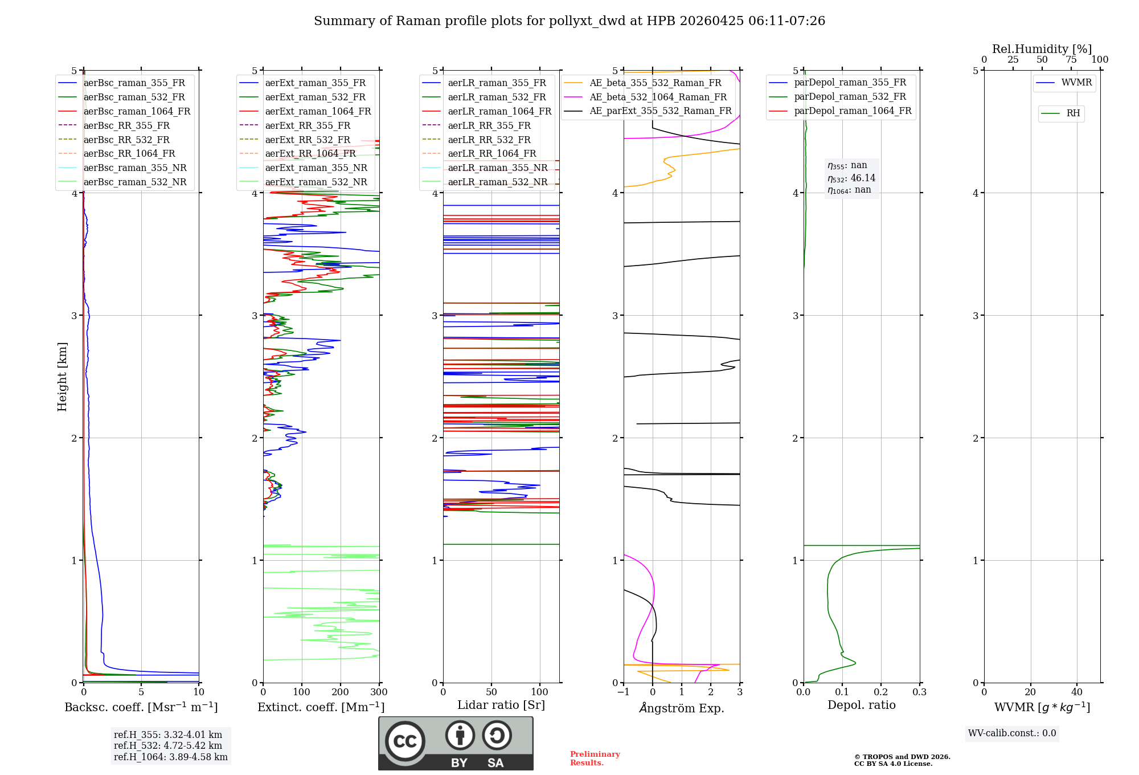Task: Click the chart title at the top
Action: click(569, 21)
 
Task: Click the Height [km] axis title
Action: click(62, 377)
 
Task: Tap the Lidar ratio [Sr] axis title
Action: click(501, 705)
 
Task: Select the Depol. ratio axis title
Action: click(861, 705)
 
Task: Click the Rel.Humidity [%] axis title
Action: click(1042, 49)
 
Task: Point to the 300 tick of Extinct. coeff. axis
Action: click(379, 692)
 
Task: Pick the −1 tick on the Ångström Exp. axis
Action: click(624, 692)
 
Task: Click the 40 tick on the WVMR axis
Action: click(1076, 692)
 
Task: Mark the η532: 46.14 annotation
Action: click(851, 178)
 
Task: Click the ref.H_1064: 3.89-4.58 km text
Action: click(170, 757)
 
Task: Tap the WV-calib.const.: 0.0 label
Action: click(1012, 733)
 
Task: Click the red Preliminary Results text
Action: click(595, 758)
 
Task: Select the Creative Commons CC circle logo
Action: click(405, 741)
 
